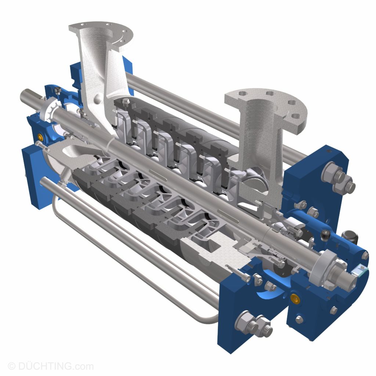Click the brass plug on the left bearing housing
click(39, 138)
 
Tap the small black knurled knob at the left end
click(57, 90)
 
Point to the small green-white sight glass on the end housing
click(359, 271)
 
